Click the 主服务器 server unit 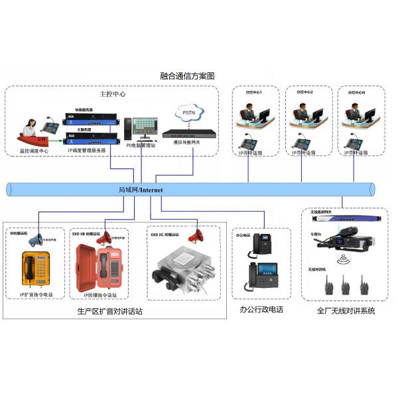pyautogui.click(x=92, y=138)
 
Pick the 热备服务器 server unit pyautogui.click(x=92, y=119)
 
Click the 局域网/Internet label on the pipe pyautogui.click(x=140, y=190)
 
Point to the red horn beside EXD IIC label pyautogui.click(x=196, y=235)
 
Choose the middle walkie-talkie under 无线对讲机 pyautogui.click(x=346, y=287)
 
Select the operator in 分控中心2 pyautogui.click(x=302, y=115)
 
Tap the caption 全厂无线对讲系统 pyautogui.click(x=346, y=310)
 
